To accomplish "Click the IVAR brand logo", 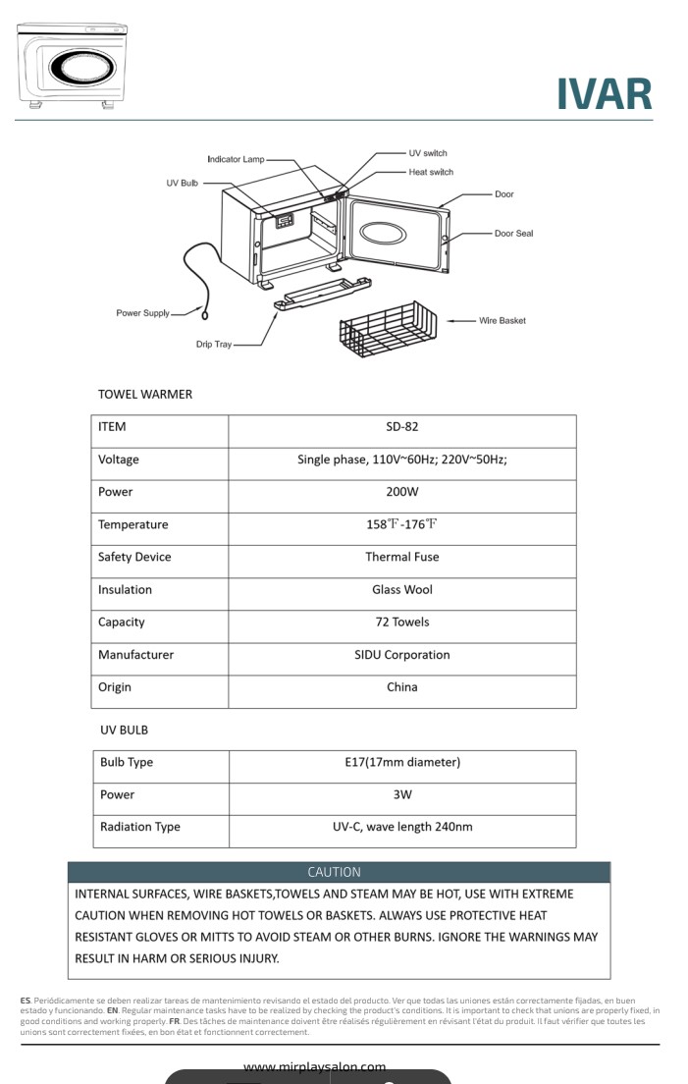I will point(604,94).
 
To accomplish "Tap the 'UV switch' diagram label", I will point(427,153).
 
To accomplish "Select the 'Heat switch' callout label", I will point(431,172).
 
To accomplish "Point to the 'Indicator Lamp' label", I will point(236,159).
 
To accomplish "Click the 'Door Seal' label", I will point(513,234).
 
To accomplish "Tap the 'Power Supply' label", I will point(143,313).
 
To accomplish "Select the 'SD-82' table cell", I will point(402,427).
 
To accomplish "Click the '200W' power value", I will point(402,492).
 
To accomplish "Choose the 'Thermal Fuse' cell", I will point(402,557).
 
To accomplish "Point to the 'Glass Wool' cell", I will point(402,590).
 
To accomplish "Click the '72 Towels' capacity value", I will point(402,623).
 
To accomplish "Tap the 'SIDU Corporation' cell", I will point(402,655).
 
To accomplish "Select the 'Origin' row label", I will point(115,687).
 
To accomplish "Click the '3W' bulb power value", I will point(402,794).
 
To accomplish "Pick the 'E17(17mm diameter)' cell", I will point(402,762).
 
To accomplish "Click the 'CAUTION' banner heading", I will point(334,872).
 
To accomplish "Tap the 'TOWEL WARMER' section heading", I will point(145,394).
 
